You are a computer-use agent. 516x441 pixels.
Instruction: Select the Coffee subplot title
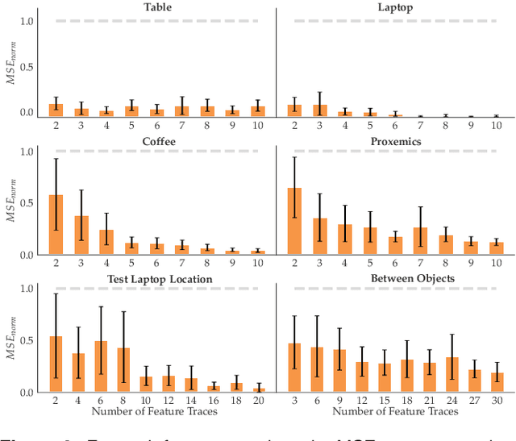tap(160, 141)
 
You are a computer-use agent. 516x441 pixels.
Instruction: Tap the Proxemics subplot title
tap(397, 141)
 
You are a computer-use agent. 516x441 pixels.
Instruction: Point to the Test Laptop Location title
tap(160, 279)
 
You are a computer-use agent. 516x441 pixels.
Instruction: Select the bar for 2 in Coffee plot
tap(56, 225)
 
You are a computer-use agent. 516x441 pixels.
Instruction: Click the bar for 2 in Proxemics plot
tap(295, 222)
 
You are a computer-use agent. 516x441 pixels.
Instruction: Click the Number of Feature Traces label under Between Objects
tap(396, 412)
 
